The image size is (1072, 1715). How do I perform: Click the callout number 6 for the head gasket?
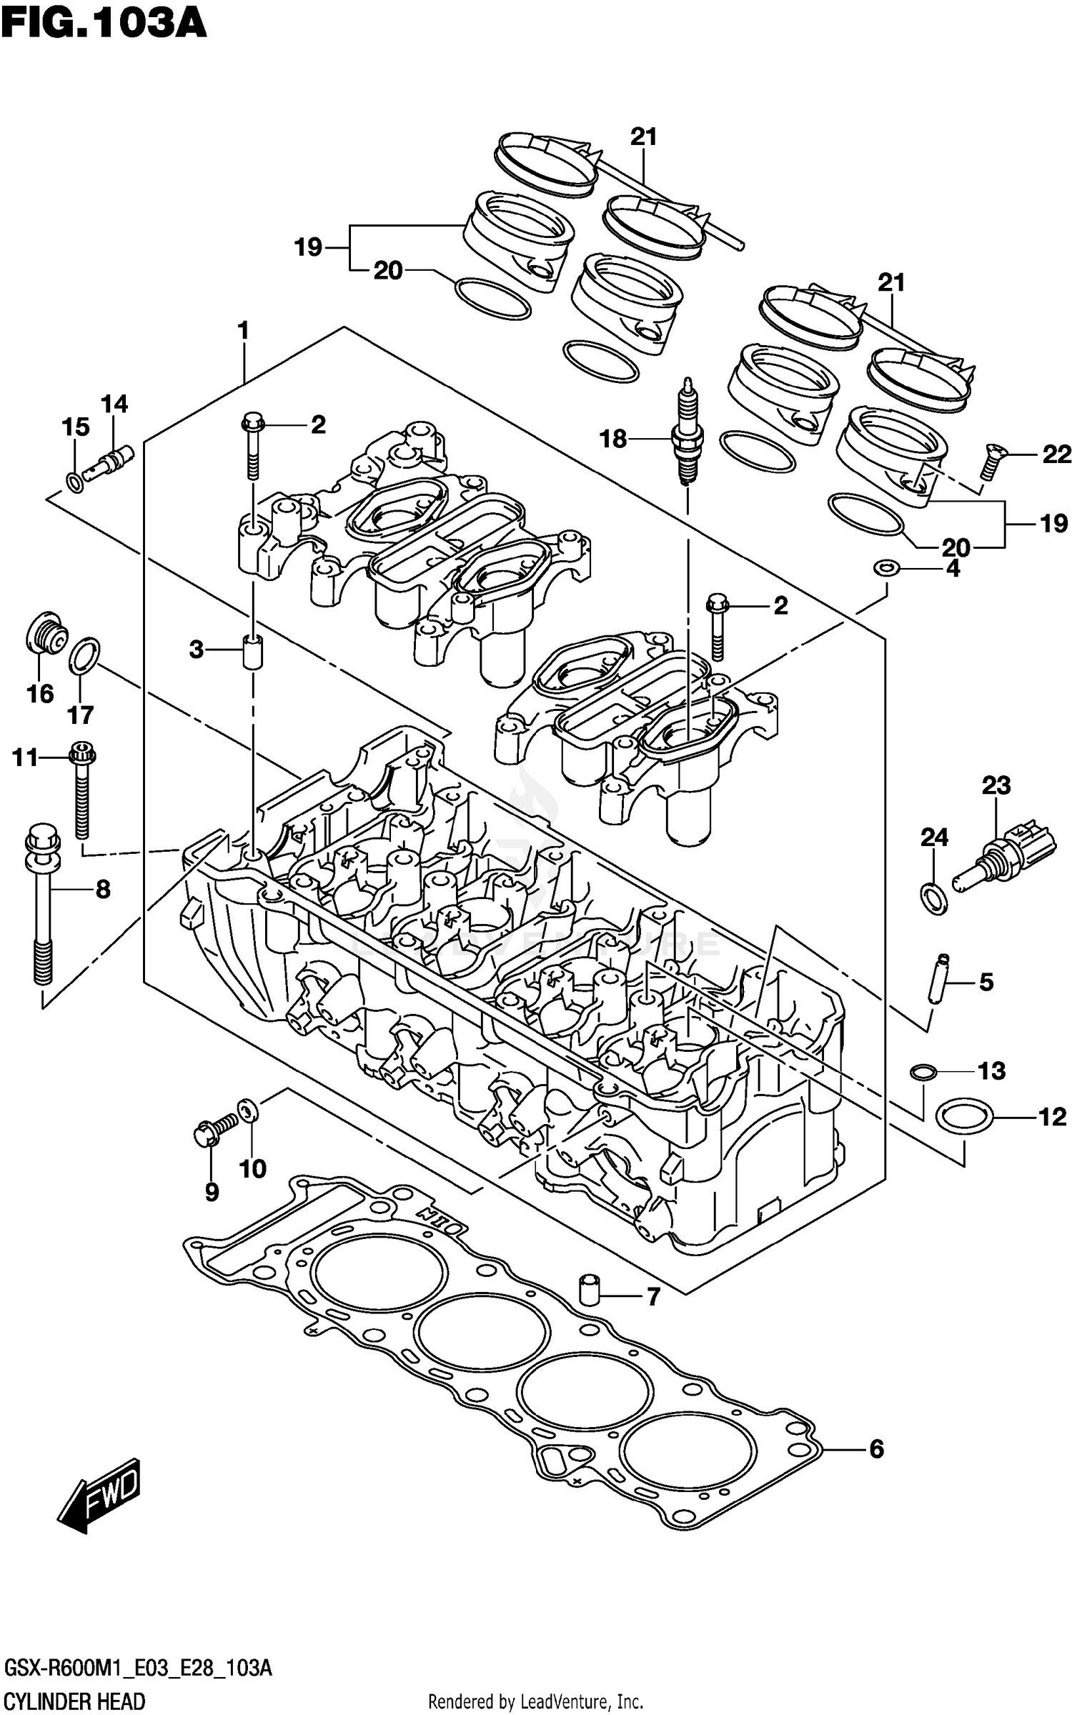click(877, 1449)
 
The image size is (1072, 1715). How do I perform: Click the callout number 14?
click(114, 404)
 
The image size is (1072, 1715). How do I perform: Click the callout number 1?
click(243, 331)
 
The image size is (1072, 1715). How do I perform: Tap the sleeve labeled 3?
click(252, 650)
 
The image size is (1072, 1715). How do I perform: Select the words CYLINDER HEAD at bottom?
click(74, 1701)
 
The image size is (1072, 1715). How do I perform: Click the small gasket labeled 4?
click(886, 569)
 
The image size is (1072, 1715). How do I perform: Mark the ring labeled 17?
click(84, 656)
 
